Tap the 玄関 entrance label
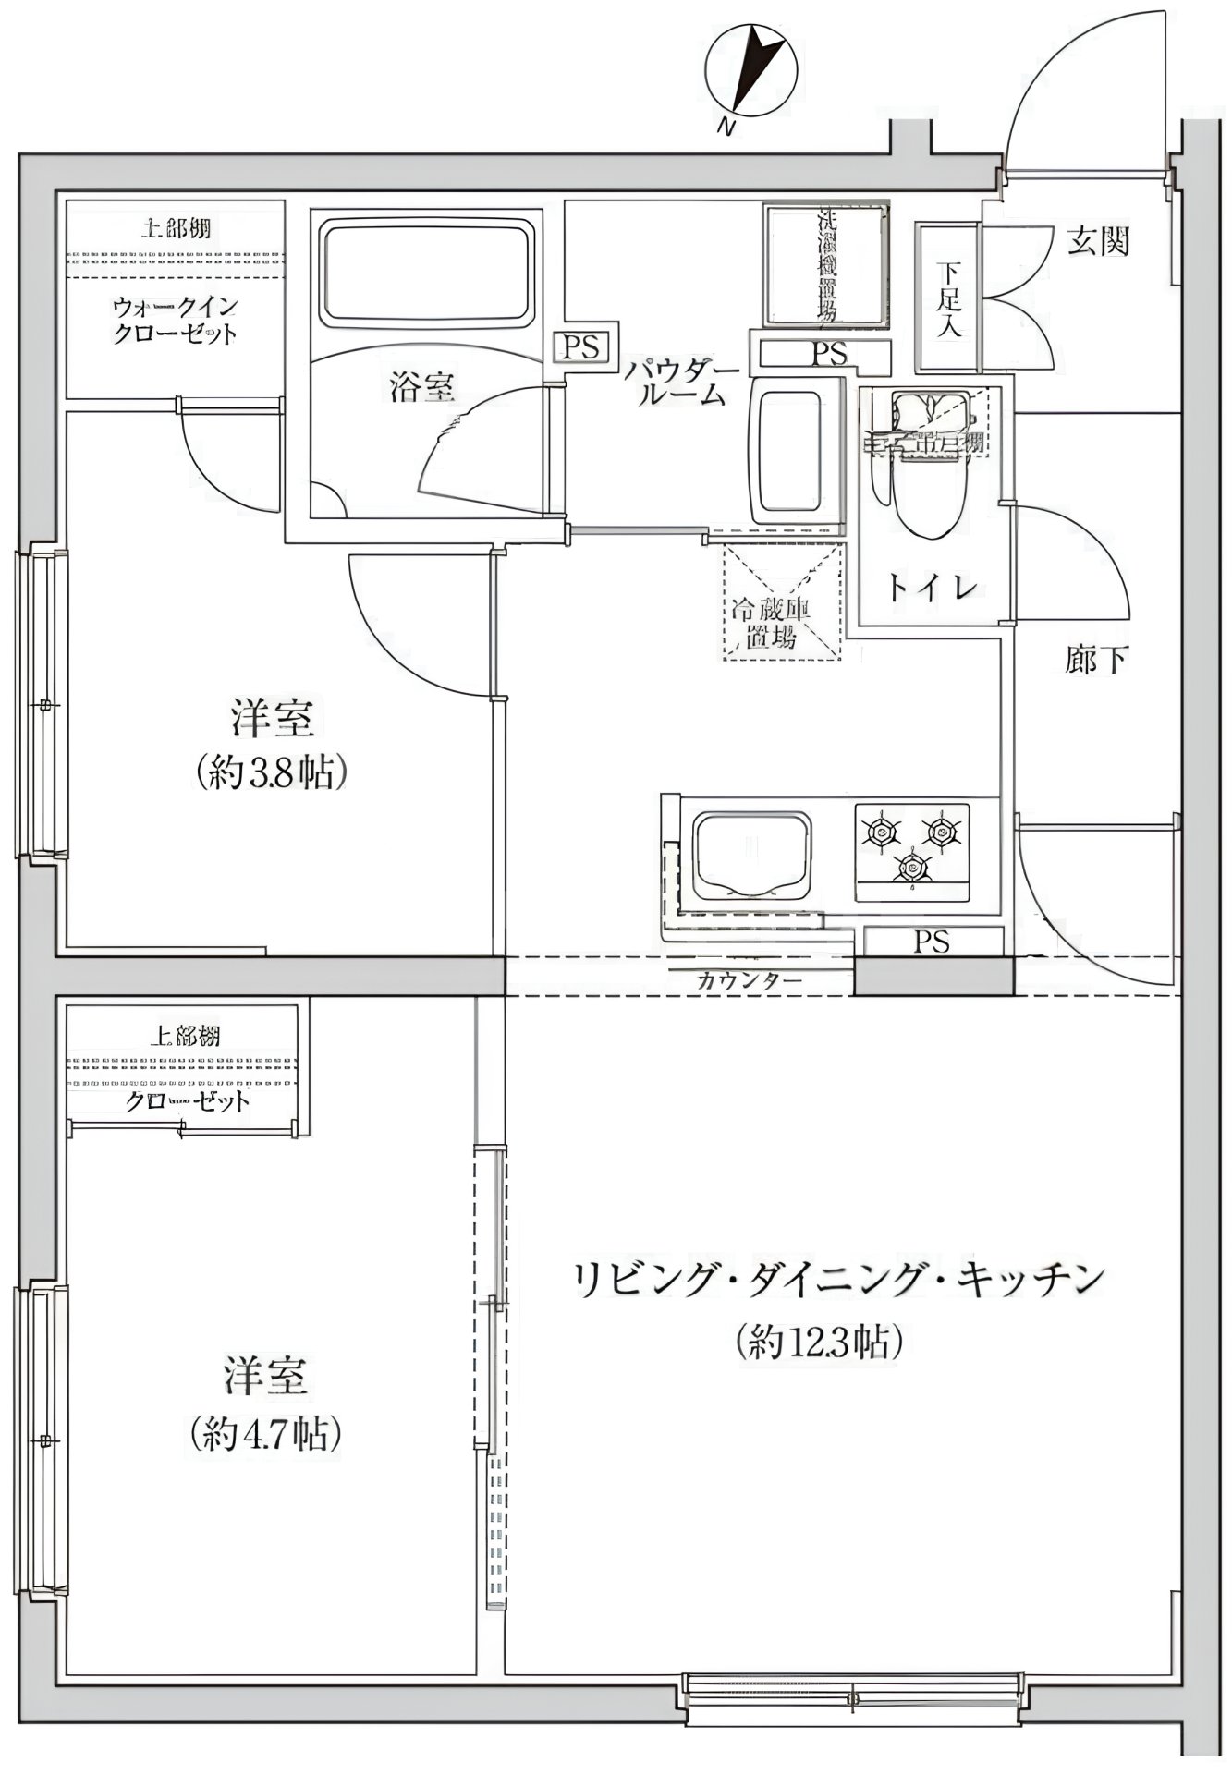[1099, 242]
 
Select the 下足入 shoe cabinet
[947, 298]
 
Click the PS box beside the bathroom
[582, 348]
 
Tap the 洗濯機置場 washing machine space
[825, 265]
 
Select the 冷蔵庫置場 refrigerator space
[783, 602]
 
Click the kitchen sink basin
[750, 856]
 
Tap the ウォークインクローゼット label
[175, 320]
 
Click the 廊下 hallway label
[1095, 659]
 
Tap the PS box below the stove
[932, 942]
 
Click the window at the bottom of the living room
[855, 1697]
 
